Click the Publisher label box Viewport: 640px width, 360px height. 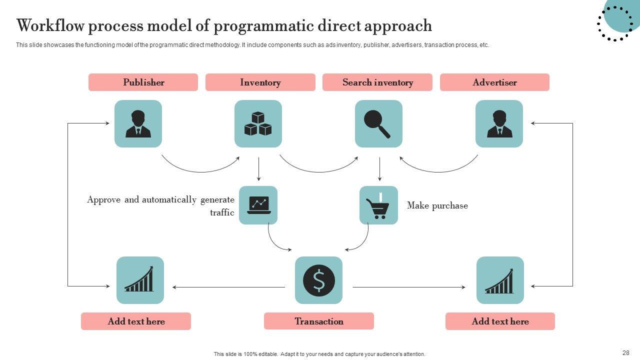tap(143, 82)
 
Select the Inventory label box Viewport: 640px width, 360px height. tap(260, 82)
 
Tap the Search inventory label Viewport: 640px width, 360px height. tap(377, 82)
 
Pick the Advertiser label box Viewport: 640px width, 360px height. tap(494, 82)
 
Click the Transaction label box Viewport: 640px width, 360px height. tap(318, 321)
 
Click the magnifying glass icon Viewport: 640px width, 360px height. tap(378, 124)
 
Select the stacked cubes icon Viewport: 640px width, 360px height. tap(258, 124)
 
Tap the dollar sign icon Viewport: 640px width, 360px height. tap(318, 280)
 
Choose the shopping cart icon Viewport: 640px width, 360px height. tap(378, 205)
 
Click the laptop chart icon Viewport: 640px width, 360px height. tap(258, 205)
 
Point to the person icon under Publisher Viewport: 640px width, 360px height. tap(138, 124)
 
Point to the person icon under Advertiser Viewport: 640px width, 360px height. tap(499, 124)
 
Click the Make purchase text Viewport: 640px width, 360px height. tap(437, 205)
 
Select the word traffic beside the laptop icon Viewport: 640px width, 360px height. tap(222, 212)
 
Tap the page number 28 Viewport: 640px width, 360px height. tap(626, 352)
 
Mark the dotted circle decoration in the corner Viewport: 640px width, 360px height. tap(615, 23)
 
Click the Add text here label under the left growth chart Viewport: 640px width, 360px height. tap(136, 321)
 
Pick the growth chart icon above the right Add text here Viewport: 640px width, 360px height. tap(500, 280)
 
